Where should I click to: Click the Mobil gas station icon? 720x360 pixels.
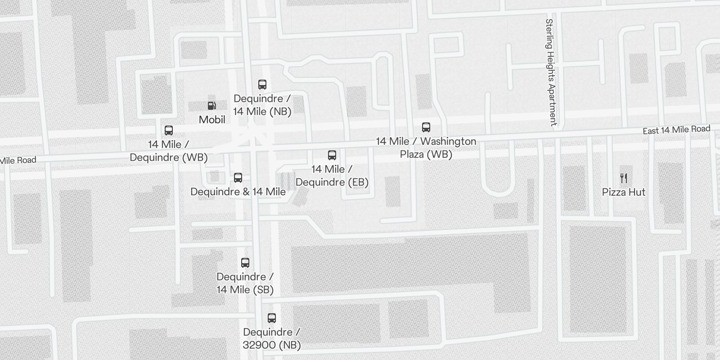tap(211, 106)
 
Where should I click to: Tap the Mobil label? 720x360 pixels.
tap(212, 120)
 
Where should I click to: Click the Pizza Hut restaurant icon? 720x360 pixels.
tap(624, 178)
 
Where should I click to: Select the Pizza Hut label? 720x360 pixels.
tap(624, 192)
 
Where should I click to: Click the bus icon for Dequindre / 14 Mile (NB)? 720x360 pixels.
tap(262, 85)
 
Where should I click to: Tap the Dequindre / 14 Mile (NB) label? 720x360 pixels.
tap(262, 105)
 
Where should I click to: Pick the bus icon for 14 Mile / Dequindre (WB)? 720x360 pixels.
tap(169, 130)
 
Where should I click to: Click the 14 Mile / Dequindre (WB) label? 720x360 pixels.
tap(169, 151)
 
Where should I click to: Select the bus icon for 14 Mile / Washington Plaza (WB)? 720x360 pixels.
tap(426, 127)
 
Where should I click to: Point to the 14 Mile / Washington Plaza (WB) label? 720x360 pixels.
tap(426, 148)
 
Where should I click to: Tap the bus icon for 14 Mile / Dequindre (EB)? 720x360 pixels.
tap(332, 155)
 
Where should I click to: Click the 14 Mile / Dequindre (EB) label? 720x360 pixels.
tap(332, 175)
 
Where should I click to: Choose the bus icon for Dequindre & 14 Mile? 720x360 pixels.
tap(238, 178)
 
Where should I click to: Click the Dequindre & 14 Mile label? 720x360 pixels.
tap(238, 192)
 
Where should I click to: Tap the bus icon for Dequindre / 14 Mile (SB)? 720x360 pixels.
tap(245, 263)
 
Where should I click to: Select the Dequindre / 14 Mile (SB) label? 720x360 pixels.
tap(245, 283)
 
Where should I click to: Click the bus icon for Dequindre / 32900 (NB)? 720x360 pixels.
tap(272, 318)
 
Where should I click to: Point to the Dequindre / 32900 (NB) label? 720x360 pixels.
tap(272, 338)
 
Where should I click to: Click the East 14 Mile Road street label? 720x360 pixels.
tap(676, 130)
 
